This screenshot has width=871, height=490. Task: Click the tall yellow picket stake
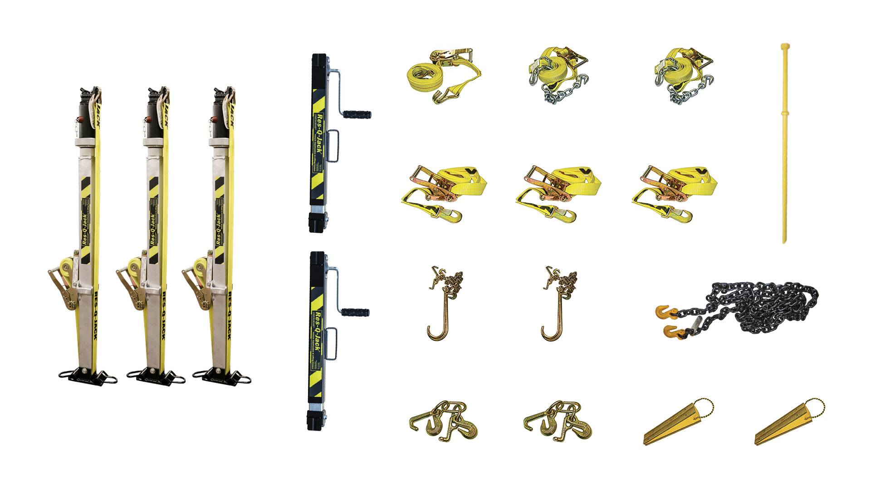tap(784, 145)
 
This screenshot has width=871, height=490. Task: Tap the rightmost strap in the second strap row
tap(674, 193)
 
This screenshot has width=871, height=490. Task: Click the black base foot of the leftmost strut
tap(88, 376)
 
